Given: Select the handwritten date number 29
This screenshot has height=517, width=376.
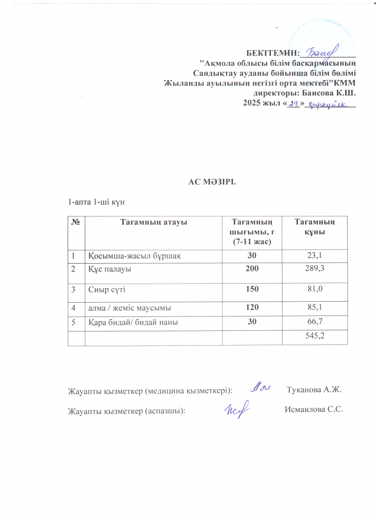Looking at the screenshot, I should tap(294, 104).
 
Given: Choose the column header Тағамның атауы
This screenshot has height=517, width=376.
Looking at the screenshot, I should tap(153, 222).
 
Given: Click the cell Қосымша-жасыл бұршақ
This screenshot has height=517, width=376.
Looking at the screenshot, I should tap(134, 255).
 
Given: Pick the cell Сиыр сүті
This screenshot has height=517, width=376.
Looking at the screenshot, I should tap(107, 289).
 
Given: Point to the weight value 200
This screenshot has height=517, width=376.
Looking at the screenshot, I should tap(252, 268).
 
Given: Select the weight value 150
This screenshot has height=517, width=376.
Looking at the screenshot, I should tap(252, 289).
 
